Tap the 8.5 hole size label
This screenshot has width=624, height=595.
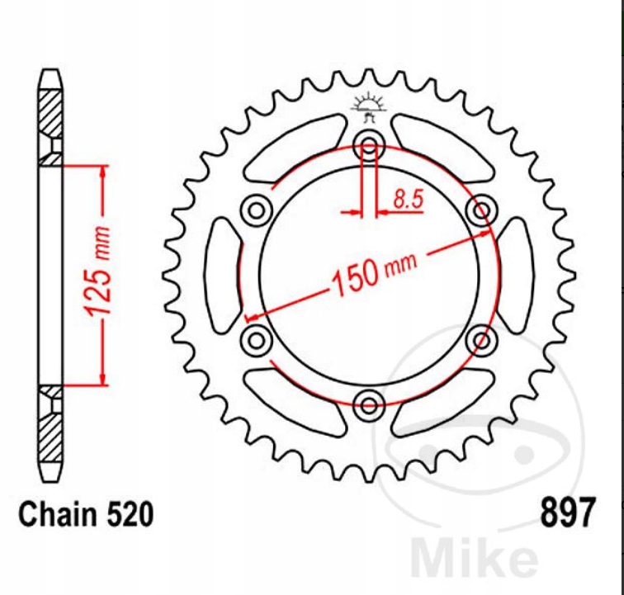click(409, 199)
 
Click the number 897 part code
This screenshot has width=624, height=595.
click(568, 512)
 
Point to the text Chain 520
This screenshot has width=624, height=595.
click(86, 514)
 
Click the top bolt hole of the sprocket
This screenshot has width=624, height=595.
click(369, 145)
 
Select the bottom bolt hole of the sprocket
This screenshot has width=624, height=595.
click(369, 405)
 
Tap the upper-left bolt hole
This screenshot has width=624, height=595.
click(256, 210)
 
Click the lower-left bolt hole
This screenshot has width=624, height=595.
click(256, 341)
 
